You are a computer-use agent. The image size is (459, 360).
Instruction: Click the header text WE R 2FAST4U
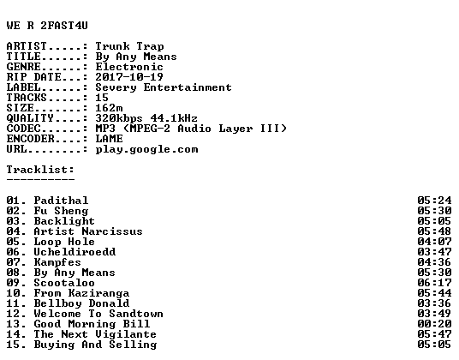coord(47,26)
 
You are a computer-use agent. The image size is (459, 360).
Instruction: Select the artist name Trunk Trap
coord(129,46)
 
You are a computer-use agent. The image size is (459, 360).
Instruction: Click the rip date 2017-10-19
coord(129,77)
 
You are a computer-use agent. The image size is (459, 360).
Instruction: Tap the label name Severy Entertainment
coord(164,87)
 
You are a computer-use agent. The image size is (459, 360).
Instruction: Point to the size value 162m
coord(109,108)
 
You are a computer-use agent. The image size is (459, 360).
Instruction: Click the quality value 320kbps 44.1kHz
coord(146,118)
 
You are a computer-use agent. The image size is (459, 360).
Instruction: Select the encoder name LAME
coord(110,139)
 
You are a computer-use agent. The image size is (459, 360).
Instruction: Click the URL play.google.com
coord(146,150)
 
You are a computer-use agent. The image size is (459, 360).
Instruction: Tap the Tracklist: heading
coord(40,170)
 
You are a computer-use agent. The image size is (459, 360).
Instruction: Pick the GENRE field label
coord(24,67)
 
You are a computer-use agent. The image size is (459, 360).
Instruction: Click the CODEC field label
coord(24,129)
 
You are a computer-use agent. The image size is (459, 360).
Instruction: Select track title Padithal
coord(61,201)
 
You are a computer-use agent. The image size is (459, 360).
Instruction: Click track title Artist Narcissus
coord(88,231)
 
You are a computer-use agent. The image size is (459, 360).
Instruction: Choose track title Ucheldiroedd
coord(75,252)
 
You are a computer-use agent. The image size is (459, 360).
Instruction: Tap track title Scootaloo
coord(64,283)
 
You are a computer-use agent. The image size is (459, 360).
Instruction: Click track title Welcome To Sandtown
coord(98,314)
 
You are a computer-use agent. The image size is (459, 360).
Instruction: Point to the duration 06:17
coord(434,283)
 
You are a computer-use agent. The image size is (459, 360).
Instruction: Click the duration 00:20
coord(434,324)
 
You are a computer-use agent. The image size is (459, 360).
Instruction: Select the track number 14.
coord(14,334)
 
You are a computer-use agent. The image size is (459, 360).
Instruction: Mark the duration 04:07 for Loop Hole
coord(434,242)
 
